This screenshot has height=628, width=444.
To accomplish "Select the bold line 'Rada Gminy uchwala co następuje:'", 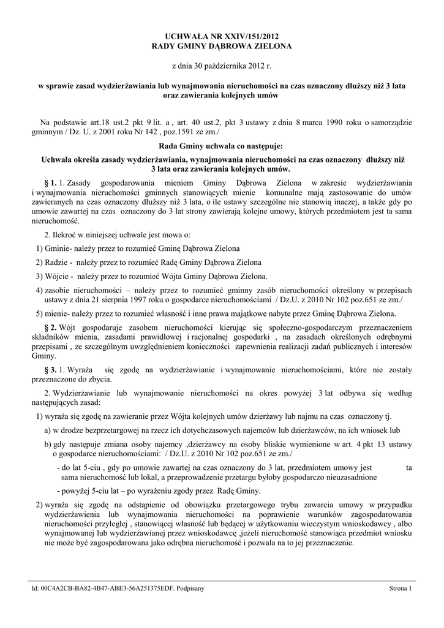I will pos(221,147).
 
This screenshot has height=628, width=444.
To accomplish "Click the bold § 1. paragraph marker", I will pos(51,183).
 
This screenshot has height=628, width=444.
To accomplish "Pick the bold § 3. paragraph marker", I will pos(51,370).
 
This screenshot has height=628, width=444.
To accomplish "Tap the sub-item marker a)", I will pos(48,431).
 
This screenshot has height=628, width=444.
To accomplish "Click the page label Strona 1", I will pos(401,588).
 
